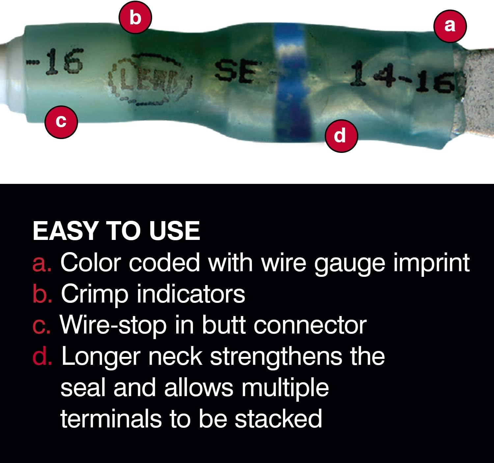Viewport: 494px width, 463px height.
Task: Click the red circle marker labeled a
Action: pos(450,26)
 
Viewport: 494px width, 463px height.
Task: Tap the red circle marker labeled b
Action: pos(135,17)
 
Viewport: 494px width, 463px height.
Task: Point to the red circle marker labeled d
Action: pos(341,135)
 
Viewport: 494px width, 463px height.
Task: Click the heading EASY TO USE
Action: pos(116,231)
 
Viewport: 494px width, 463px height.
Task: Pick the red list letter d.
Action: pos(42,357)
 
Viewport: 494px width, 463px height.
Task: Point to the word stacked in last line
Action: pos(278,419)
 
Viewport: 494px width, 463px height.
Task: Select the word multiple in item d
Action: pos(285,388)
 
